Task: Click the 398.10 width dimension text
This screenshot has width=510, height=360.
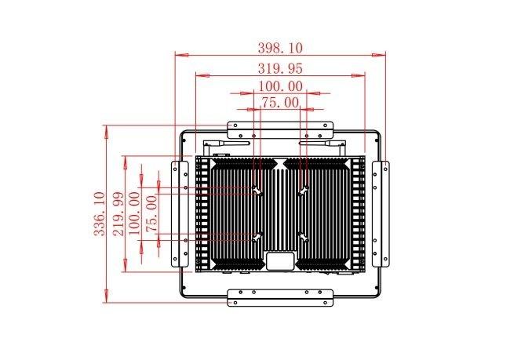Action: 280,48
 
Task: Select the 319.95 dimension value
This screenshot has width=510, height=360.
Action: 280,68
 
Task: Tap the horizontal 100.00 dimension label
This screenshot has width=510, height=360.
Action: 280,86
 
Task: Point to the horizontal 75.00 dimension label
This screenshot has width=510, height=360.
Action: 280,103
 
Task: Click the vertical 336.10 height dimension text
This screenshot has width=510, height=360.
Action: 100,213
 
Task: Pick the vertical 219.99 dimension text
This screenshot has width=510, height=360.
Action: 118,213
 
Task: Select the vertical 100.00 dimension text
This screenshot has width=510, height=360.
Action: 134,213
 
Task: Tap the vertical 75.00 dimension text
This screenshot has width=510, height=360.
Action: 151,213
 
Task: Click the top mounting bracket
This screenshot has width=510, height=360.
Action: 280,129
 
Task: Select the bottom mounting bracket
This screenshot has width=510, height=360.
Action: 280,297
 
